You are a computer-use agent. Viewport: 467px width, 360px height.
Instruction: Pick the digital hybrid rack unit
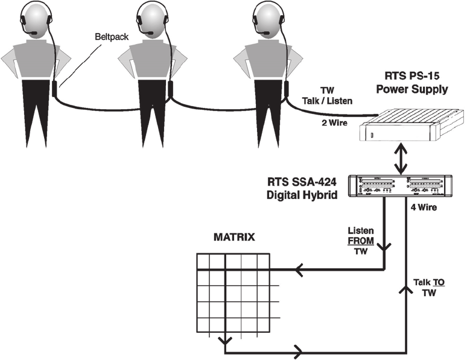pos(401,186)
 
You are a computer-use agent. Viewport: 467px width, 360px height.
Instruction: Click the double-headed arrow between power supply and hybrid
pos(401,159)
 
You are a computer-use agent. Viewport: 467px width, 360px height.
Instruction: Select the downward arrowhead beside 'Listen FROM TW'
pos(385,244)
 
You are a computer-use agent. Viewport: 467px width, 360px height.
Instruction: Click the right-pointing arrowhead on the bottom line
pos(298,350)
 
